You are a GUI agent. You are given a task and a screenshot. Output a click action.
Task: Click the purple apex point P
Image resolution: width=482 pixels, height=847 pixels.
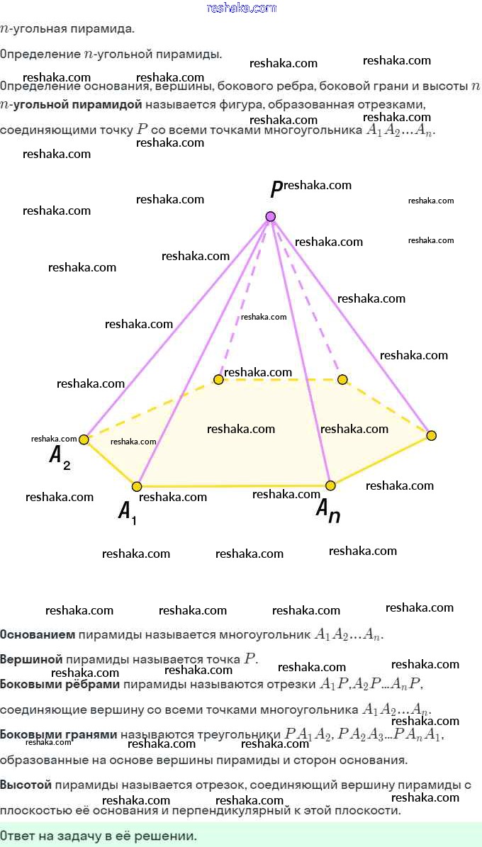point(270,216)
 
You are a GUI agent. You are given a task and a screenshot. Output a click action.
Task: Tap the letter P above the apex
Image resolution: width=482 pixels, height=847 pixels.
point(276,190)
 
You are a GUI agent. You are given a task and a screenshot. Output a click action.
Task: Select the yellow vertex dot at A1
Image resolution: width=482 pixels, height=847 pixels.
point(137,486)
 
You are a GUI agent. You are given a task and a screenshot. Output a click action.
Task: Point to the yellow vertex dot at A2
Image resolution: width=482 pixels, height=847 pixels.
point(84,439)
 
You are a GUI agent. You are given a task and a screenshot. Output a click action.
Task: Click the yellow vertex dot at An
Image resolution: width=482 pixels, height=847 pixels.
point(330,486)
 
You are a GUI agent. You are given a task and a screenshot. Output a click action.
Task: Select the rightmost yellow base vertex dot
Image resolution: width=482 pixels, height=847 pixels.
point(431,434)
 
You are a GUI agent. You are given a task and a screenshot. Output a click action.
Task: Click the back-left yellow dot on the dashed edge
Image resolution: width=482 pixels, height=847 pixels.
point(218,380)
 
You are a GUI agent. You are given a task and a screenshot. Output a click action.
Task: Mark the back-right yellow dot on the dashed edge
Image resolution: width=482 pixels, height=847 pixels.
point(343,380)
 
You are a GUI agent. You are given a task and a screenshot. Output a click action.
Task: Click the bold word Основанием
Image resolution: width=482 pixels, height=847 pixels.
point(38,634)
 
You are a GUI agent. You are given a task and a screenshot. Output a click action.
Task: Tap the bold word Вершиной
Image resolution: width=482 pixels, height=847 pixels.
point(32,658)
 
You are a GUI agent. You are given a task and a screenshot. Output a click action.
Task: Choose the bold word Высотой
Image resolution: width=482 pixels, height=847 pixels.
point(26,785)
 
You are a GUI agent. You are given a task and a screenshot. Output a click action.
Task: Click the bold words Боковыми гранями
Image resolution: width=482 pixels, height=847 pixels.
point(59,735)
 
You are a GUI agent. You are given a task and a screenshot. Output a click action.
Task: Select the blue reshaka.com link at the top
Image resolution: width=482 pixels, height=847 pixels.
point(241,8)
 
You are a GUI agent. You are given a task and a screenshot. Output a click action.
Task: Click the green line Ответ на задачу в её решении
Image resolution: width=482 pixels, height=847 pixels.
point(99,836)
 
